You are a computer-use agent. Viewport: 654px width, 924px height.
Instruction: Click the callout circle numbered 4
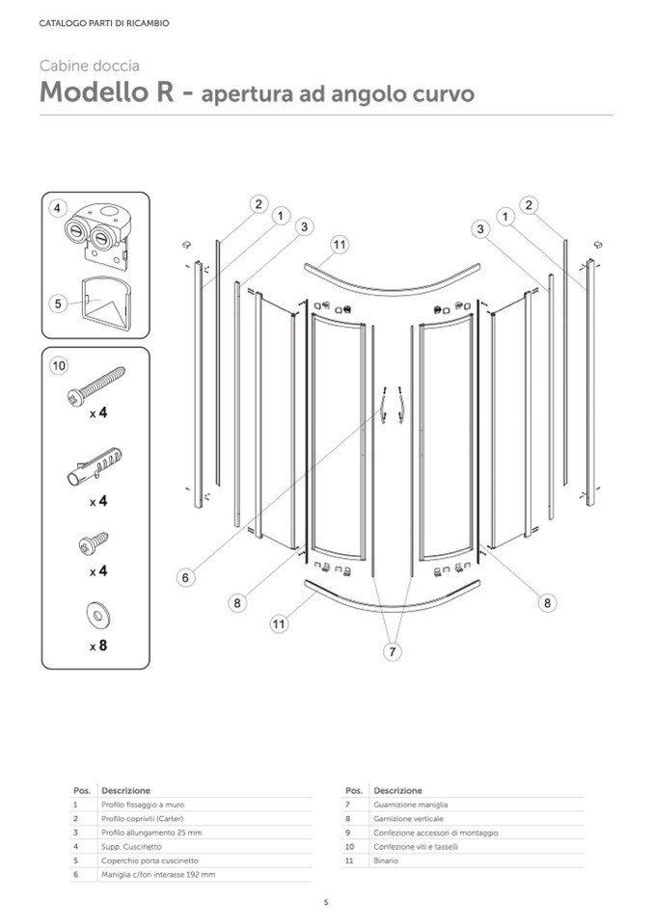pos(58,208)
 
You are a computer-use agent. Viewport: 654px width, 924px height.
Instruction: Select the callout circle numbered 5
pos(58,303)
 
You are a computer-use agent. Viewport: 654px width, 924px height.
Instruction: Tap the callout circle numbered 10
pos(59,366)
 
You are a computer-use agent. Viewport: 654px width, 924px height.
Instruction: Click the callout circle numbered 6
pos(186,577)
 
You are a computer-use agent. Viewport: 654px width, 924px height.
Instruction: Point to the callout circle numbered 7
pos(393,652)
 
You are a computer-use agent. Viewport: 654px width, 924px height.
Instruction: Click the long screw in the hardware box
pos(96,384)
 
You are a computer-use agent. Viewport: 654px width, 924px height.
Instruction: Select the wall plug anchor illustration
pos(95,465)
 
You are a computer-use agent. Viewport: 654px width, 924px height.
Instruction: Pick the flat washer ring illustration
pos(97,613)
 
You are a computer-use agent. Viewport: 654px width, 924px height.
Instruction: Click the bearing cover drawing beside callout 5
pos(106,300)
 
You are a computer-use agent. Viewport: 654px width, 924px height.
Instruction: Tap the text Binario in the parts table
pos(385,860)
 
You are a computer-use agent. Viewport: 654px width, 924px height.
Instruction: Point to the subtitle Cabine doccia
pos(89,66)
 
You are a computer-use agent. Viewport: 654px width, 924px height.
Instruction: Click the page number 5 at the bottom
pos(326,902)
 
